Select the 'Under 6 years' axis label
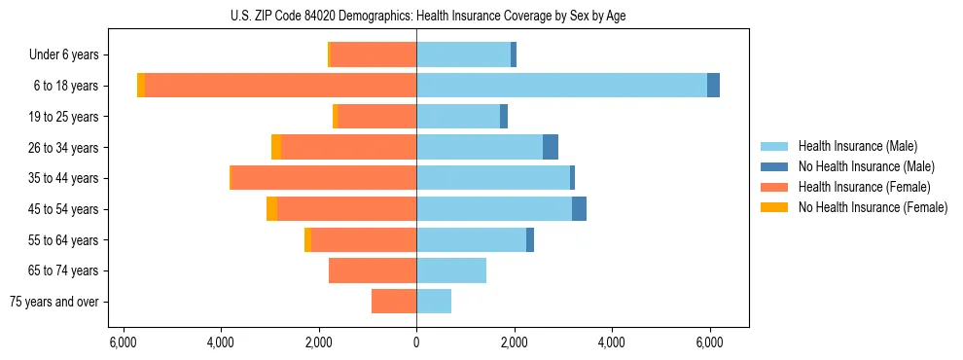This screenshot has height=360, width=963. tap(70, 55)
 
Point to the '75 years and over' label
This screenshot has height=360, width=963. tap(54, 302)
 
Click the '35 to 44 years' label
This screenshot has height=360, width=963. tap(68, 178)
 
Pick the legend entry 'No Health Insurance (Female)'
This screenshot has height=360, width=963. tap(872, 207)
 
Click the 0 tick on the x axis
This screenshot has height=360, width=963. tap(416, 342)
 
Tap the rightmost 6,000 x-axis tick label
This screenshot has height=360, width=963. tap(709, 342)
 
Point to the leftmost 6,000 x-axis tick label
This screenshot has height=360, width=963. tap(124, 342)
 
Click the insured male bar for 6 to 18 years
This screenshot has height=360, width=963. tap(561, 86)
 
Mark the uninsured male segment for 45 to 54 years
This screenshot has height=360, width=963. tap(579, 209)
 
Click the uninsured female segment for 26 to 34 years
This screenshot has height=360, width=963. tap(276, 147)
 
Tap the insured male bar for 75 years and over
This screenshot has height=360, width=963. tap(434, 302)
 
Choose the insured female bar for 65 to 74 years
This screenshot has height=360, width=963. tap(373, 270)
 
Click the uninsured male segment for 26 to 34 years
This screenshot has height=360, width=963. tap(551, 147)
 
